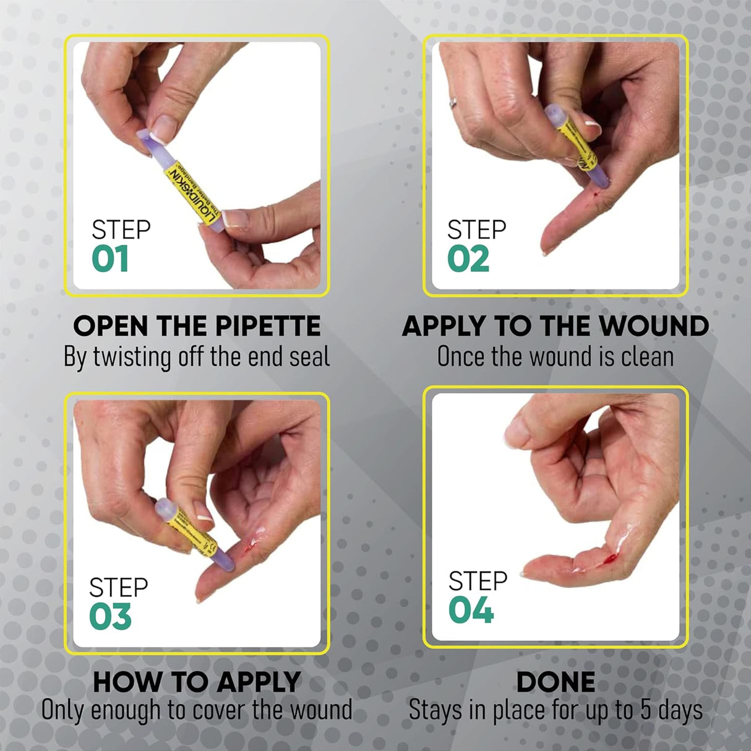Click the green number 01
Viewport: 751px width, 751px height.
coord(110,259)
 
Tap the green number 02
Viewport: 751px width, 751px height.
coord(468,259)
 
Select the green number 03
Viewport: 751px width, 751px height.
coord(110,617)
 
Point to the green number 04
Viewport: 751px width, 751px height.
coord(471,611)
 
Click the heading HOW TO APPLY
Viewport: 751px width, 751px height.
coord(197,682)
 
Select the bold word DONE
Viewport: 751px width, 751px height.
coord(556,682)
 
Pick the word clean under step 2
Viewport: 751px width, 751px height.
coord(645,357)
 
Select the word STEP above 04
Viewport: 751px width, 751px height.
coord(478,581)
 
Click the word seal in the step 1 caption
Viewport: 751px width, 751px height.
coord(310,358)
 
